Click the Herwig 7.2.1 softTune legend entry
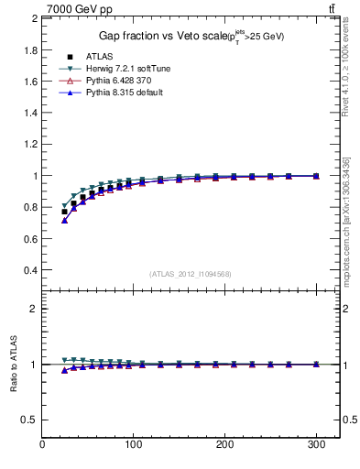127,69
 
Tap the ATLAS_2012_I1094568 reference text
190,274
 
